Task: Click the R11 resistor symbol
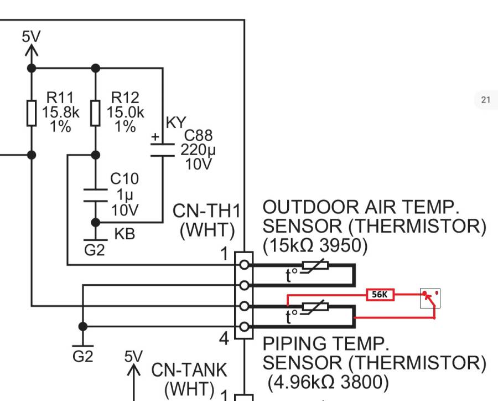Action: (x=32, y=112)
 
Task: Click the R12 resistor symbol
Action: (x=95, y=112)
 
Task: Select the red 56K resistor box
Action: (x=380, y=295)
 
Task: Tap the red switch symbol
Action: (x=430, y=299)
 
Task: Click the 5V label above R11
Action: (x=31, y=37)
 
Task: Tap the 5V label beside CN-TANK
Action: (x=133, y=356)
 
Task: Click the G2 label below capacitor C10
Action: (x=94, y=250)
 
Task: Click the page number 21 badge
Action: (x=486, y=100)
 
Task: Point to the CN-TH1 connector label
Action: (x=207, y=211)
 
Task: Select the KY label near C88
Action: (x=176, y=122)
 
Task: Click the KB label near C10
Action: (x=124, y=234)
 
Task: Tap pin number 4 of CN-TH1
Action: (x=224, y=338)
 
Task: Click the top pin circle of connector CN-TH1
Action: (x=243, y=265)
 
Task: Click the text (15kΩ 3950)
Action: (x=315, y=246)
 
